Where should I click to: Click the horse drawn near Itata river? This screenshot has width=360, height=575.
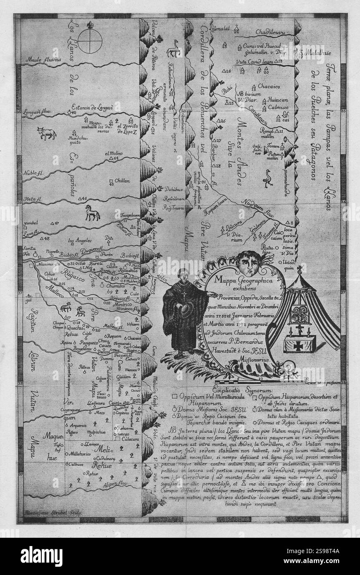(x=92, y=214)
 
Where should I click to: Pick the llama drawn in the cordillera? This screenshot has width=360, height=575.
(x=172, y=49)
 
